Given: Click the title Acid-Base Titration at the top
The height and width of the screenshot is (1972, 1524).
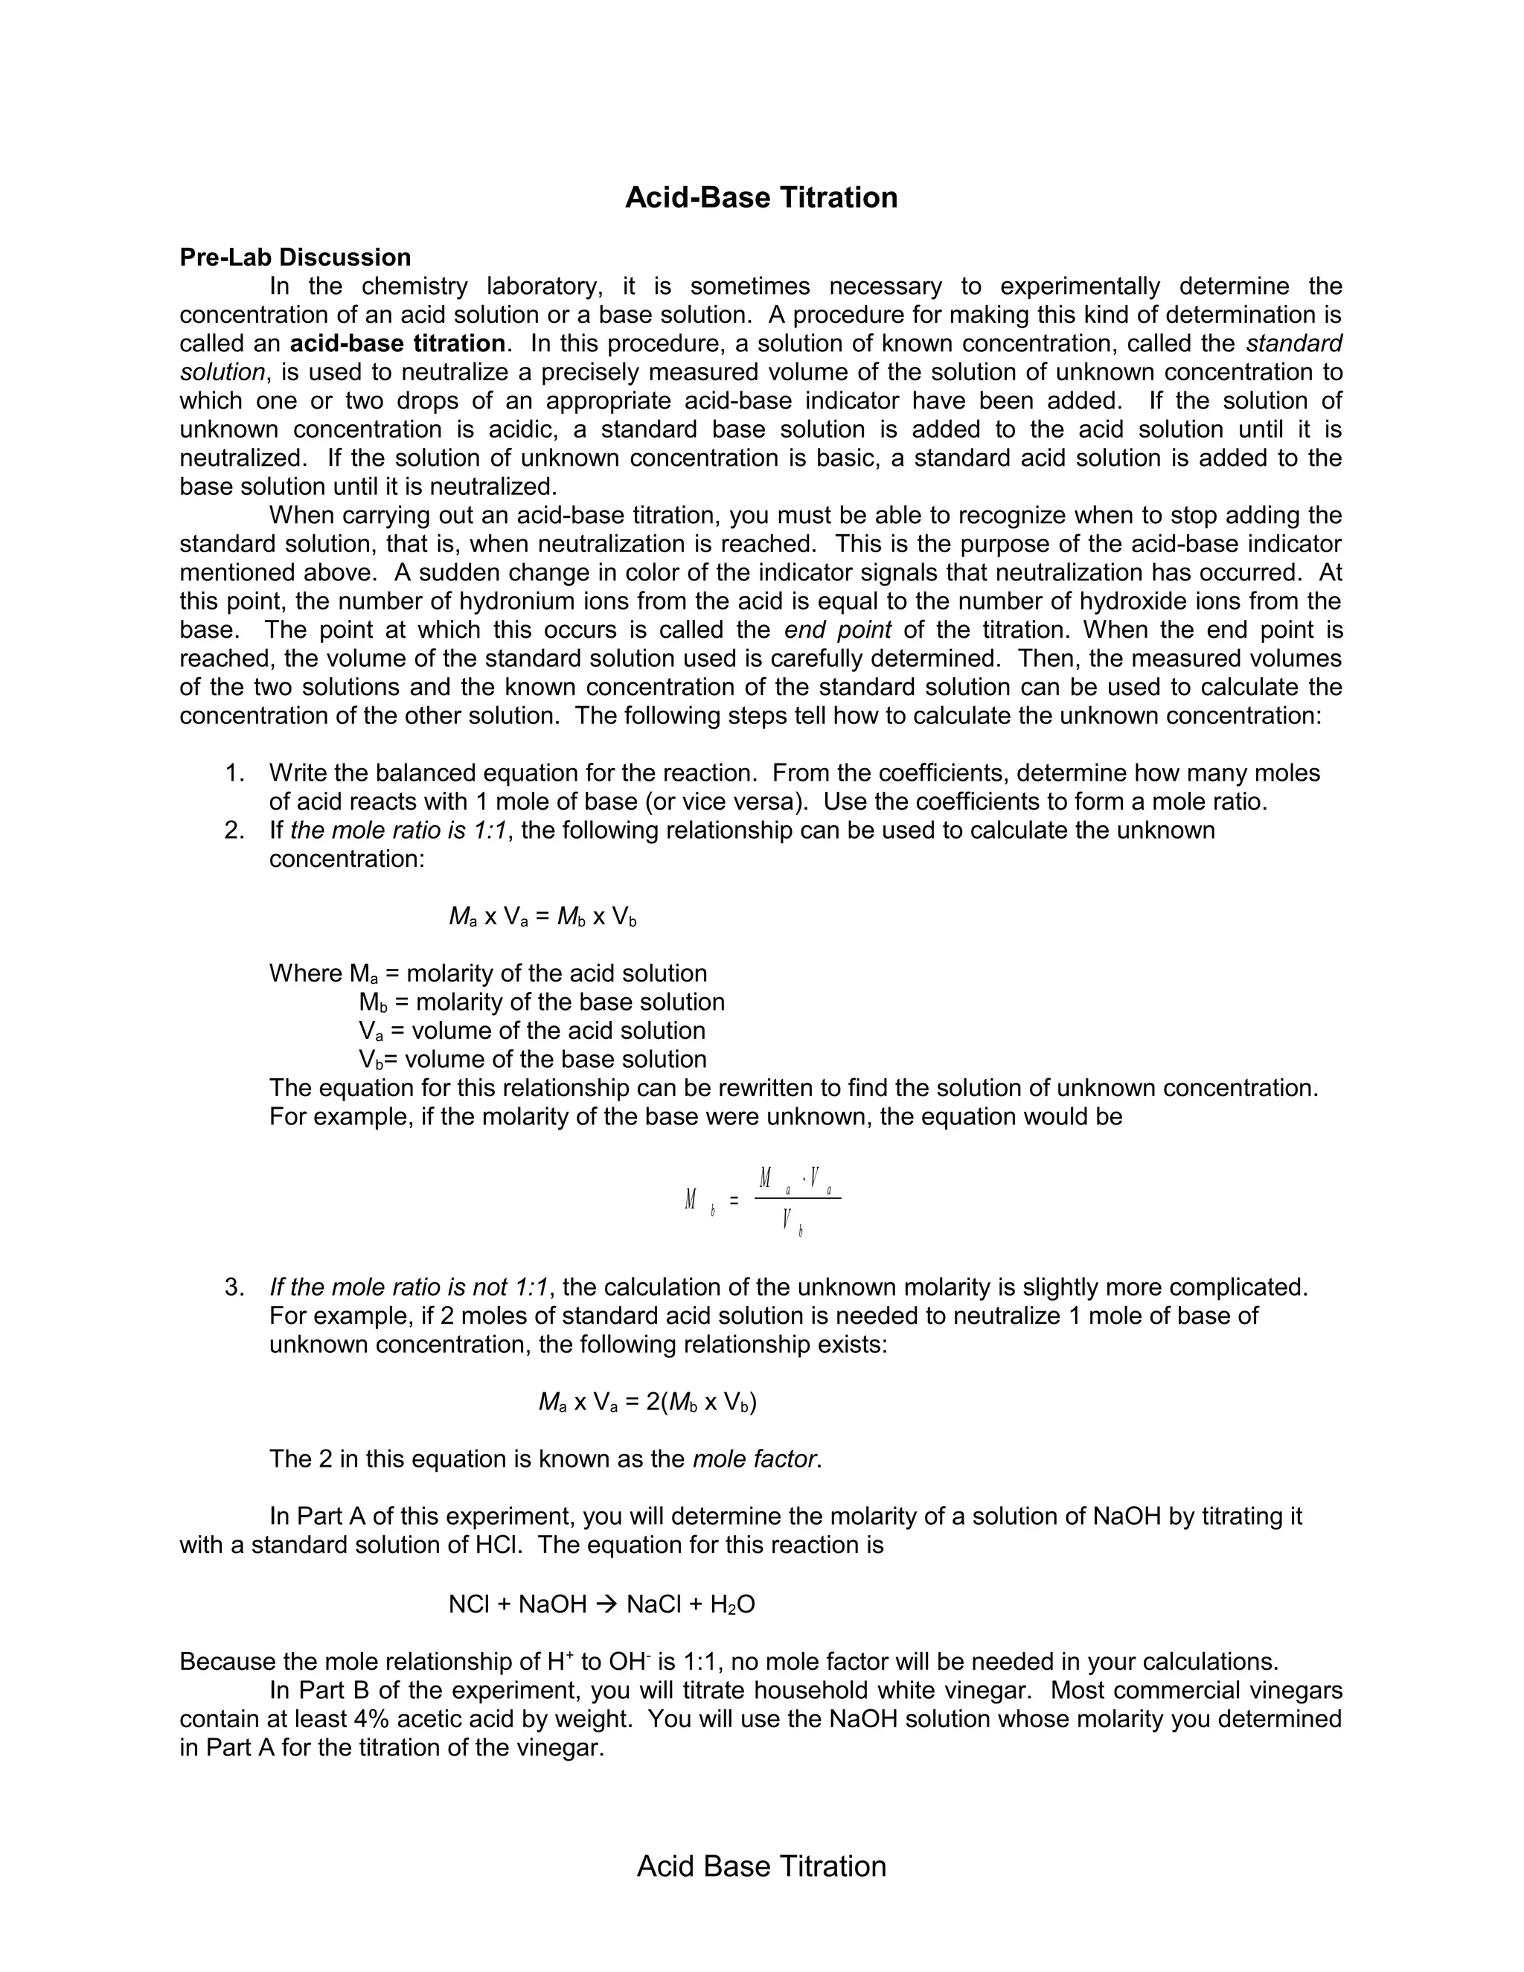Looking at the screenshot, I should (761, 198).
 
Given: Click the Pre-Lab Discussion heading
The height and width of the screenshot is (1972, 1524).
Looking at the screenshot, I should (295, 257).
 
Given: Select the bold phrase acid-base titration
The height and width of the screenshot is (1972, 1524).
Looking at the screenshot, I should (397, 344).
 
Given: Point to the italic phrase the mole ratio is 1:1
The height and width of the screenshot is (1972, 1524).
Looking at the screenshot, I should (397, 830).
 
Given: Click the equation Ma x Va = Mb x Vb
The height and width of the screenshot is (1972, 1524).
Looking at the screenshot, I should (542, 918).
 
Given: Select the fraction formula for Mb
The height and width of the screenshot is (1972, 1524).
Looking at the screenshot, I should (763, 1200).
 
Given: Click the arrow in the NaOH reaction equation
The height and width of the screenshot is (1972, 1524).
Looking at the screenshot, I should (606, 1604).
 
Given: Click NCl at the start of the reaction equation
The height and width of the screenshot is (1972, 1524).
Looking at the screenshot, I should (469, 1604).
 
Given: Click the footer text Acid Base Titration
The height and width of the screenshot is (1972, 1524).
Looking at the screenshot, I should (761, 1866).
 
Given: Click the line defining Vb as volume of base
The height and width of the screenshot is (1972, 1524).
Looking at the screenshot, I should (533, 1060).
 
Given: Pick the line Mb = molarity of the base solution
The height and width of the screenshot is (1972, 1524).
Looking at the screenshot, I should (542, 1002).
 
